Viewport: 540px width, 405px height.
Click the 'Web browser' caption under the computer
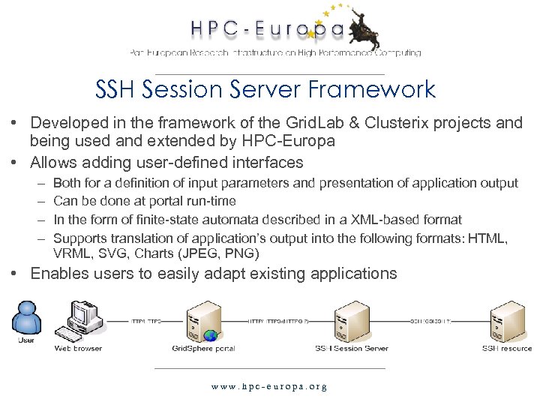click(78, 348)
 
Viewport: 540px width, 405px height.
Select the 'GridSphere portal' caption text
click(203, 348)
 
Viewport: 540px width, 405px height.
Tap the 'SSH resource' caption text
click(507, 348)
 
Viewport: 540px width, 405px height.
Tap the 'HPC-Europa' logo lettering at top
click(266, 29)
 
